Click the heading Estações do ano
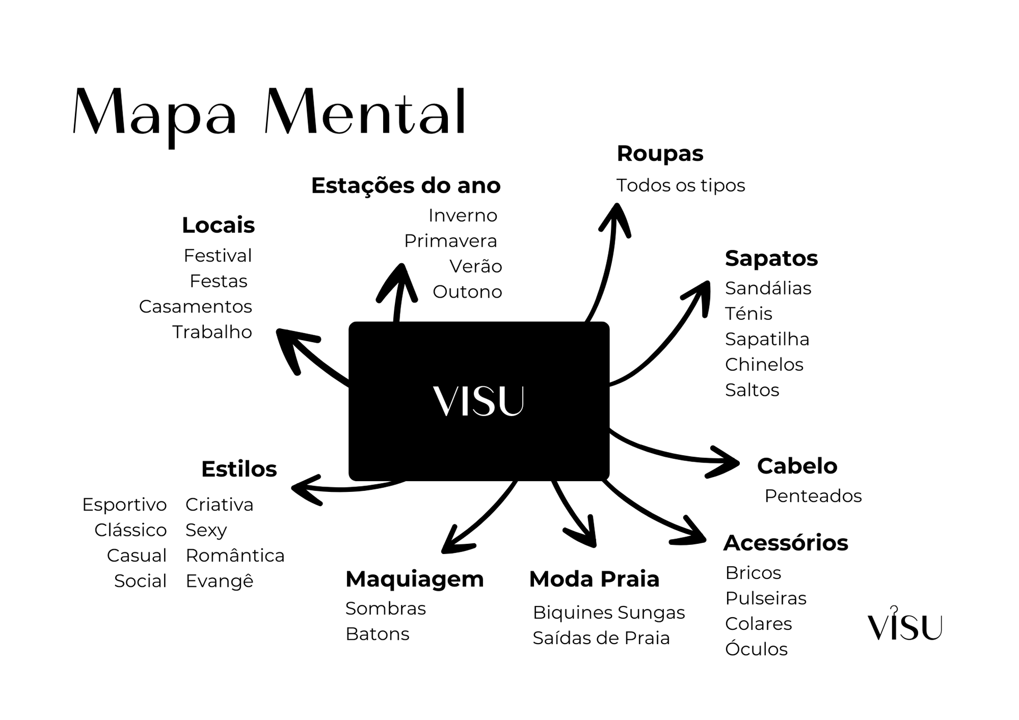click(x=405, y=186)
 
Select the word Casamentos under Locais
click(x=195, y=307)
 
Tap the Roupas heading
click(x=660, y=154)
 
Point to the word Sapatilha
click(x=767, y=339)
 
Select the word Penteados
click(x=813, y=496)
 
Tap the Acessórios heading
click(x=785, y=543)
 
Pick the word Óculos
click(x=756, y=649)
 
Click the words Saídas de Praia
click(x=601, y=638)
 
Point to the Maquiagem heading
click(x=414, y=579)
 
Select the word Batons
click(x=377, y=634)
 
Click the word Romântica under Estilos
click(x=235, y=556)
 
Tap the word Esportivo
click(x=124, y=505)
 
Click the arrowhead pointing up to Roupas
click(x=616, y=215)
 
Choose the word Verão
click(x=476, y=266)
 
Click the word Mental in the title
click(x=366, y=113)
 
